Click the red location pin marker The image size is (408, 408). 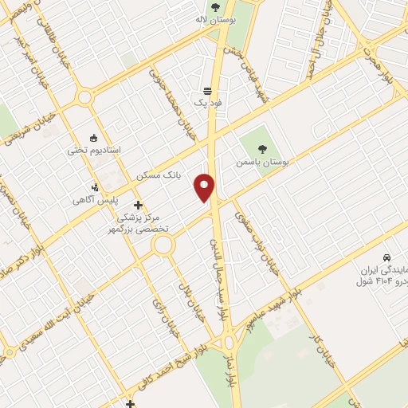point(205,188)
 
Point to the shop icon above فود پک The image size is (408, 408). point(207,91)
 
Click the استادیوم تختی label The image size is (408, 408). point(95,150)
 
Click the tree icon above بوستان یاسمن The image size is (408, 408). point(262,148)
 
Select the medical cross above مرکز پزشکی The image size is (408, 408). point(139,205)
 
